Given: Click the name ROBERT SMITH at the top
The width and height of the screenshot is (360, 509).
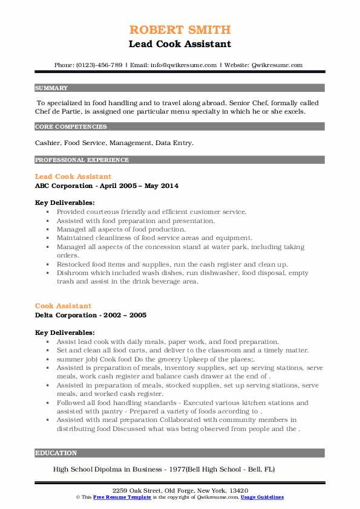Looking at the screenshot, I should (x=180, y=30).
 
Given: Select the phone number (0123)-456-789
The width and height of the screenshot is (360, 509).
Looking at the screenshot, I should (x=100, y=65).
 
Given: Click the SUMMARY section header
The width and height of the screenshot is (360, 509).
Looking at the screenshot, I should (x=51, y=88).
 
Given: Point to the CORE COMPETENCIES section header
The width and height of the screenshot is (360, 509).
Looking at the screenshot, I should (x=71, y=127).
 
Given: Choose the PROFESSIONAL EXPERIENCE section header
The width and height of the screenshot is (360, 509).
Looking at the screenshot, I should (x=82, y=160).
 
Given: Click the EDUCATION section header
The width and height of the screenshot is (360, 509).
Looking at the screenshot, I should (x=56, y=453).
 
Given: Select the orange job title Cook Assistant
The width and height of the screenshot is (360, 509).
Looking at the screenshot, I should (x=63, y=306).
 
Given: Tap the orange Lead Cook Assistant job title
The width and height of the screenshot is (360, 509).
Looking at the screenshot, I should (x=73, y=177).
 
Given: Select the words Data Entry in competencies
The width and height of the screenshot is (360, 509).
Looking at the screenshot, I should (x=176, y=143).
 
